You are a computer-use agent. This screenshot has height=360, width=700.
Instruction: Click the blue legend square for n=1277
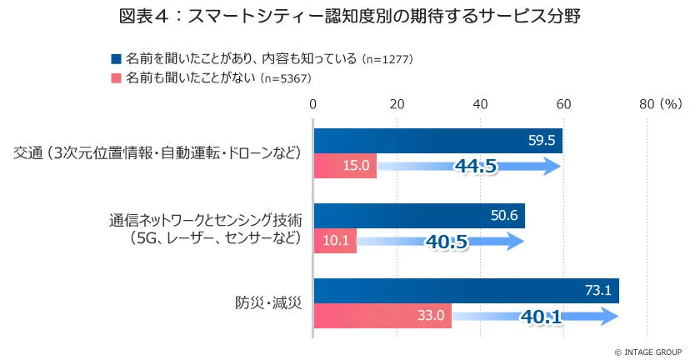coord(115,59)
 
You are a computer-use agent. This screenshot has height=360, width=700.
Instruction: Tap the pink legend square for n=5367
coord(115,78)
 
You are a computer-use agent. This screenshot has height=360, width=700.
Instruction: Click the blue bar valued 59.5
coord(437,141)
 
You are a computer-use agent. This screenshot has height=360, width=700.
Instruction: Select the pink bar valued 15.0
coord(345,166)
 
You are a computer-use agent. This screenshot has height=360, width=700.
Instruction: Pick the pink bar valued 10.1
coord(334,241)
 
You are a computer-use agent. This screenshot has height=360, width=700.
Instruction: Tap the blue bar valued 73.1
coord(466,291)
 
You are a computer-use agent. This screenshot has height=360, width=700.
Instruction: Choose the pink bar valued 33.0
coord(382,316)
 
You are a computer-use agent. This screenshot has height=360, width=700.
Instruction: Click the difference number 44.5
coord(476,166)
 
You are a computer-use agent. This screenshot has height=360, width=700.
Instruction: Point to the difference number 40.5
coord(447,242)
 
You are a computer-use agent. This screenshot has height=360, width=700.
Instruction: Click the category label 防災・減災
coord(267,303)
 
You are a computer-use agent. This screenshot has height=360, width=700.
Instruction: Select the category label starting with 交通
coord(157,153)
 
